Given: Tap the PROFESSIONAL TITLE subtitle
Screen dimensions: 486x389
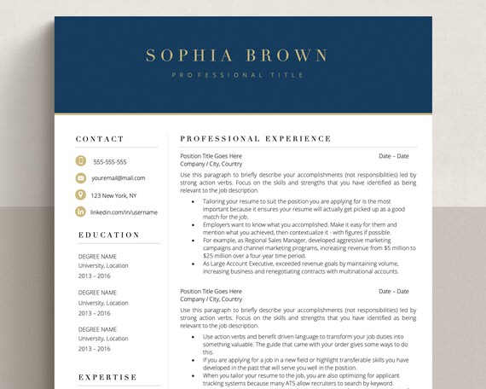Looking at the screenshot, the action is tap(237, 75).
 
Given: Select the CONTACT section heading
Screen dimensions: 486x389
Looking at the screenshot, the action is tap(100, 138).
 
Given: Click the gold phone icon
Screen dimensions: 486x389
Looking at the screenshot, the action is tap(81, 161).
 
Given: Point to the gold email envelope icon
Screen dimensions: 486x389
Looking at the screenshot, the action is tap(81, 178).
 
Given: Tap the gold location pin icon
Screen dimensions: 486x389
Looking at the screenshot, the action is tap(81, 195).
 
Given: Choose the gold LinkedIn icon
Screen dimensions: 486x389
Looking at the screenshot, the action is tap(81, 212).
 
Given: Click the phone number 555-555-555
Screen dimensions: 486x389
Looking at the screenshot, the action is tap(110, 162).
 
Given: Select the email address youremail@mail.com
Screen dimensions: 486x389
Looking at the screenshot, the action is tap(119, 178).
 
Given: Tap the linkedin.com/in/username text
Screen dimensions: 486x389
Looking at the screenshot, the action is tap(124, 212).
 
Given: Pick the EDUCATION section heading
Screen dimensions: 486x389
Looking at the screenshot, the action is tap(108, 235).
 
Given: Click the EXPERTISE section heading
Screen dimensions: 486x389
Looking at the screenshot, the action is tap(107, 377).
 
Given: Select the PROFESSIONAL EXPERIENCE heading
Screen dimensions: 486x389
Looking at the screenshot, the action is tap(256, 138).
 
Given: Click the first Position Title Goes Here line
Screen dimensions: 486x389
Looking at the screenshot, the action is tap(211, 156).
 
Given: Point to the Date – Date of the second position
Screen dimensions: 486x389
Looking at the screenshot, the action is tap(394, 291).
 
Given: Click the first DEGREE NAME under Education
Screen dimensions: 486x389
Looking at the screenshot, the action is tap(97, 256).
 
